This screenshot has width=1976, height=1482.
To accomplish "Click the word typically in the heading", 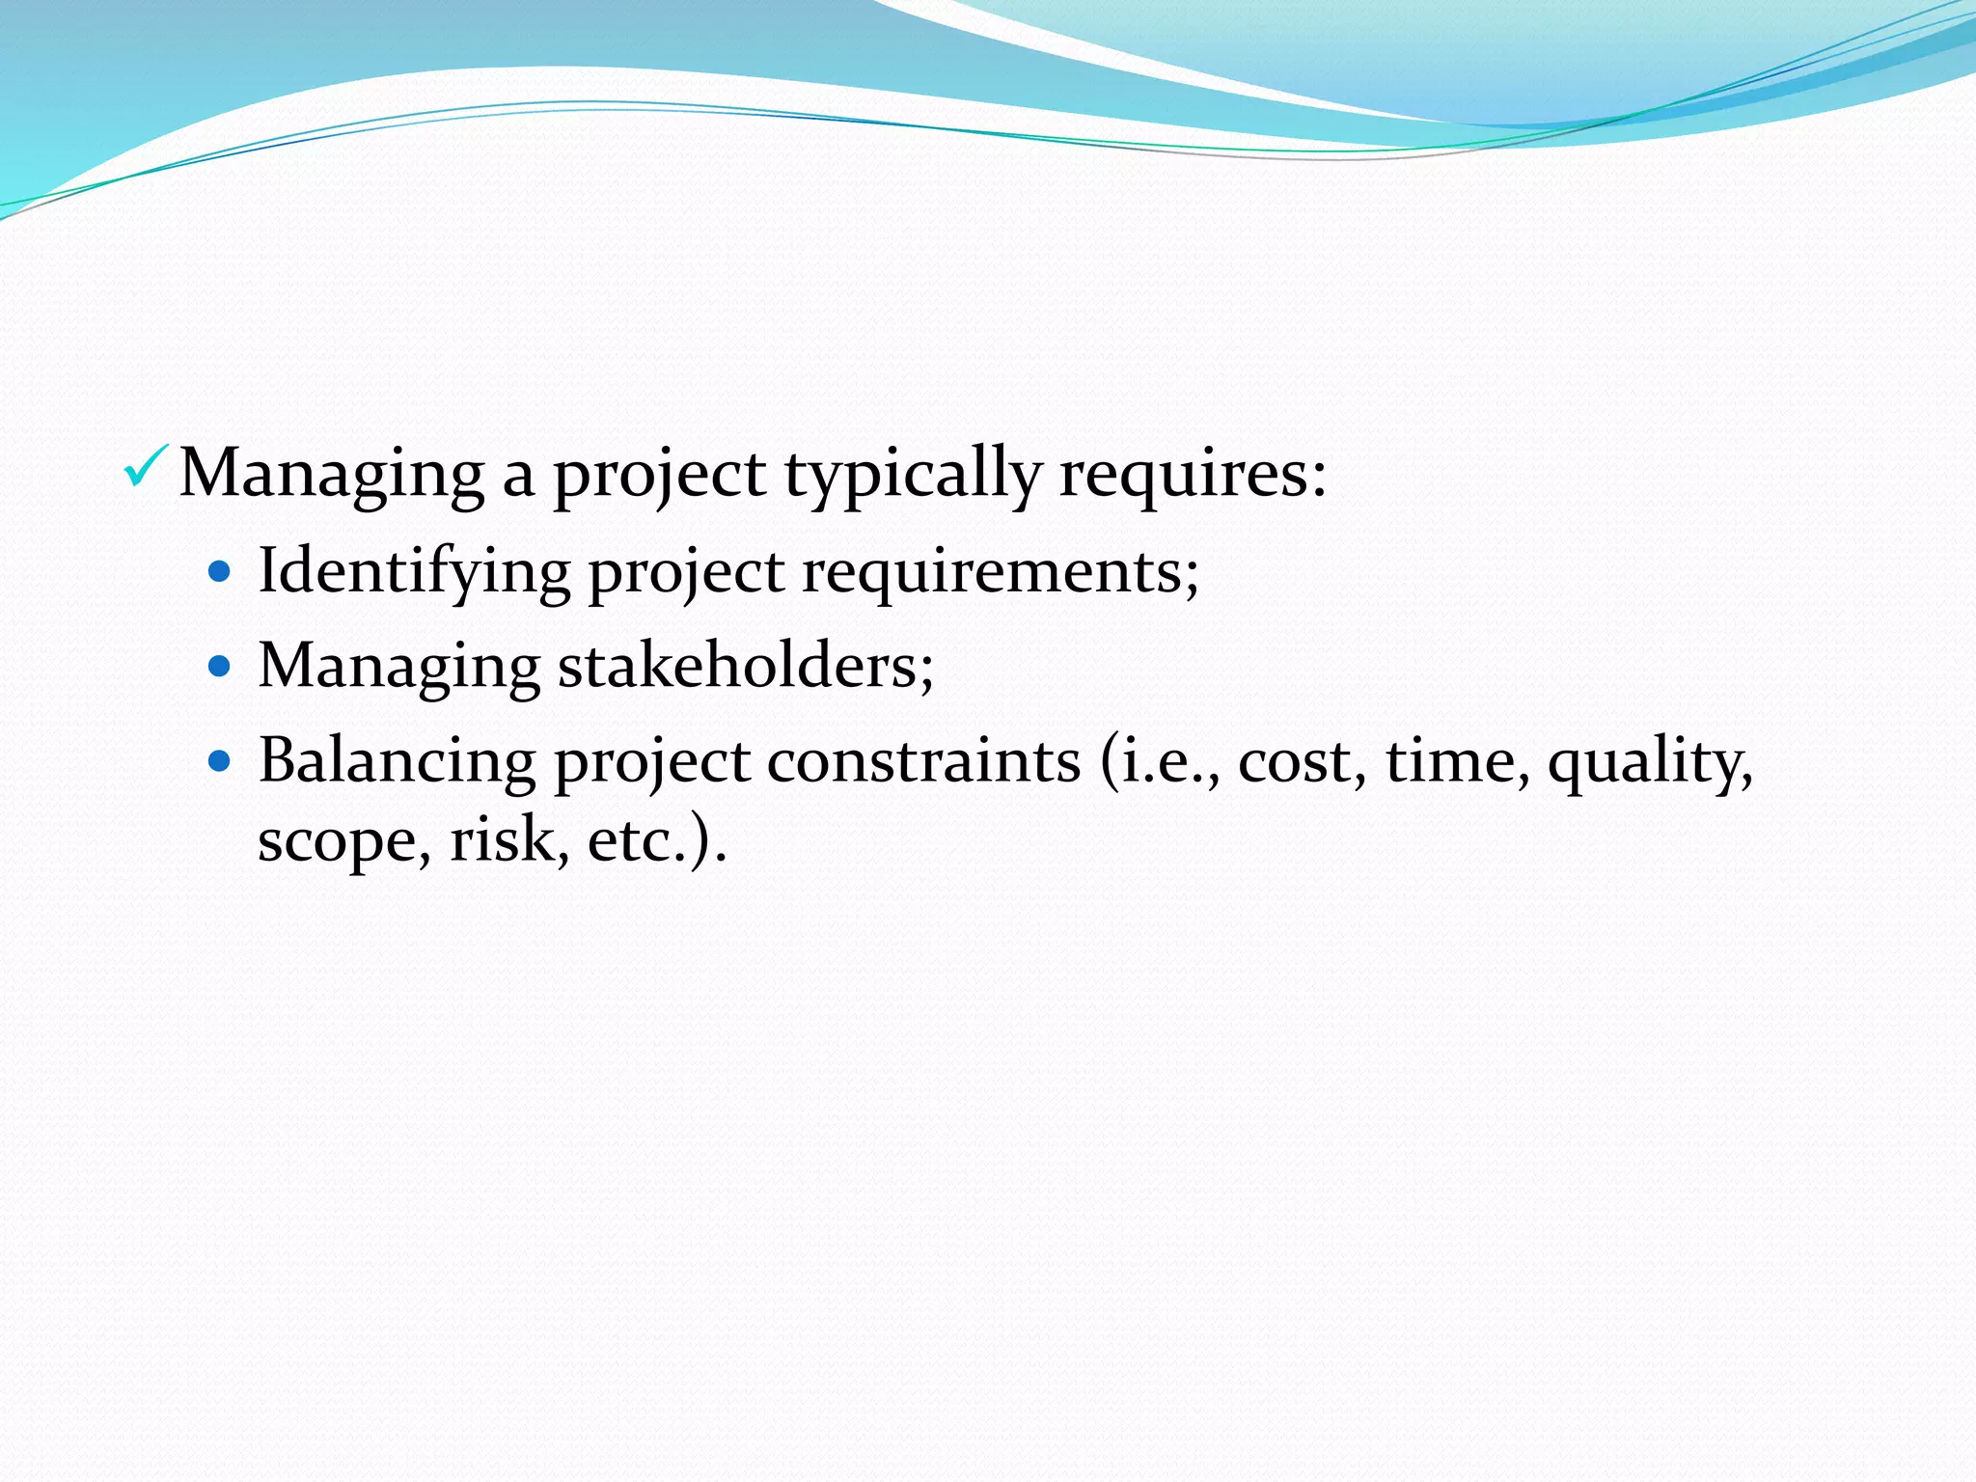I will click(911, 475).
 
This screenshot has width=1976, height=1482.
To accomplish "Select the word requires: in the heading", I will click(1192, 475).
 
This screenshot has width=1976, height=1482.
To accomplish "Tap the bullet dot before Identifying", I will click(221, 572).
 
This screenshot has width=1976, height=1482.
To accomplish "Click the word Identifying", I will click(415, 571).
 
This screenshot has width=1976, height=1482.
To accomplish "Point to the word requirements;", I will click(1000, 571).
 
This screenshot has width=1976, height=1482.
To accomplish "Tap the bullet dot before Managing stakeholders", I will click(221, 666).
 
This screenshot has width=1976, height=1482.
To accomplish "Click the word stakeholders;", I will click(745, 666).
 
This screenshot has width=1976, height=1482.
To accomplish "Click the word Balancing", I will click(397, 761).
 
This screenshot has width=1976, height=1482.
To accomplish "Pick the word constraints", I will click(923, 761).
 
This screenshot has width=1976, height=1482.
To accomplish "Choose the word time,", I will click(1458, 761).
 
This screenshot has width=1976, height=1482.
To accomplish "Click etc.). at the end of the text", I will click(656, 839).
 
